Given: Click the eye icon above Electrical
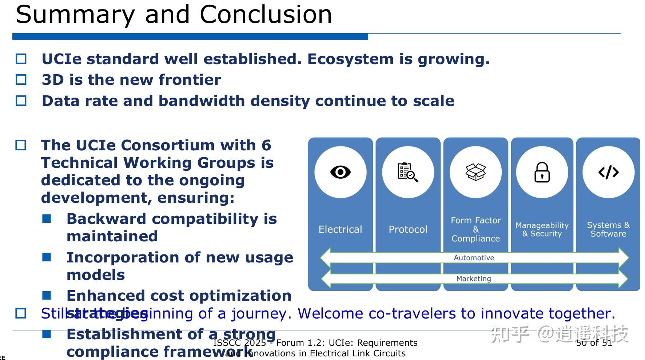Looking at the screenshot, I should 340,172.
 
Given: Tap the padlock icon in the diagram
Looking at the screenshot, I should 542,172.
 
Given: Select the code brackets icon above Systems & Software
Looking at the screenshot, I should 608,172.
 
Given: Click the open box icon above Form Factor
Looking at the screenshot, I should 475,172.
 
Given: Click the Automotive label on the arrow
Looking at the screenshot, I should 474,258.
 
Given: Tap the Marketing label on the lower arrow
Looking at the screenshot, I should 473,278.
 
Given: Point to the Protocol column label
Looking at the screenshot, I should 408,229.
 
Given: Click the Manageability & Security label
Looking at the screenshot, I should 542,229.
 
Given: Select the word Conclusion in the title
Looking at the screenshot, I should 266,15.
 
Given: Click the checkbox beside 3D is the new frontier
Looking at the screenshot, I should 21,80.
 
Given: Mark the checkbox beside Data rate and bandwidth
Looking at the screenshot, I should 21,101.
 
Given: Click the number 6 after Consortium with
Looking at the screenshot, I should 266,145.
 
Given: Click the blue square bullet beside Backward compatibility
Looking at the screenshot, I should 47,219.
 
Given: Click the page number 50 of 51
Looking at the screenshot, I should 594,343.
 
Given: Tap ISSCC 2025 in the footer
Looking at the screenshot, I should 239,343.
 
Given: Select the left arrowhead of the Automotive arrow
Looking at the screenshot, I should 325,258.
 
